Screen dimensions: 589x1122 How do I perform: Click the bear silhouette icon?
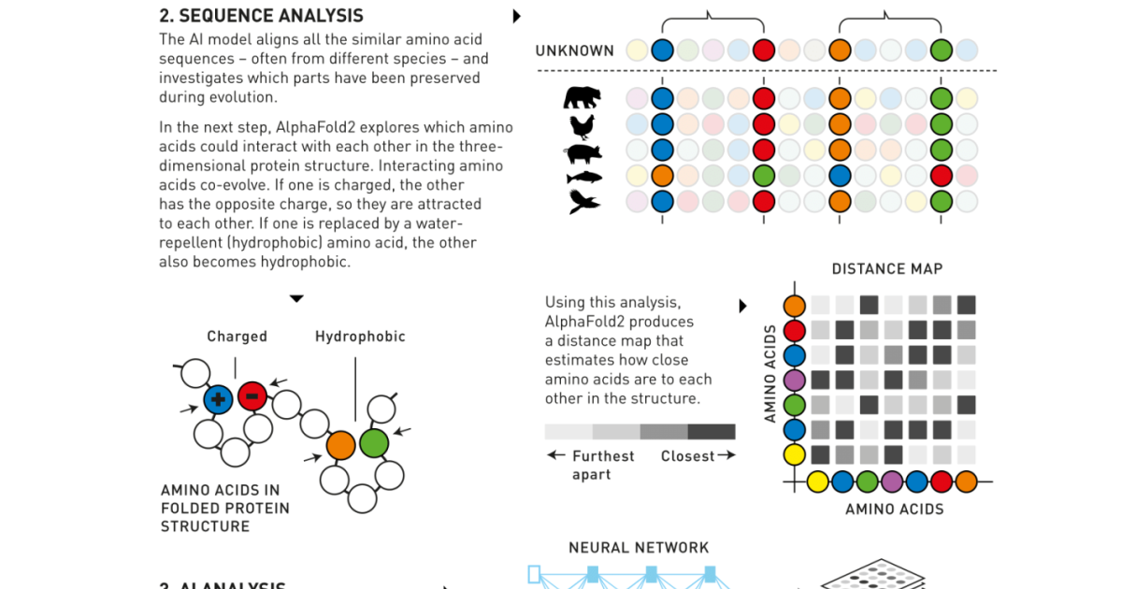tap(582, 97)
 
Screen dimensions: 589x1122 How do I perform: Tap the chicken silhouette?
tap(582, 124)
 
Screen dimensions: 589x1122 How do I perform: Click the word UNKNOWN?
tap(575, 50)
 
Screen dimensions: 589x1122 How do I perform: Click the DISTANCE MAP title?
tap(887, 269)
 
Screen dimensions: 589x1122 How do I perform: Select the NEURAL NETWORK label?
tap(639, 548)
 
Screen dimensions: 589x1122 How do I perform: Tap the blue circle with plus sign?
tap(218, 399)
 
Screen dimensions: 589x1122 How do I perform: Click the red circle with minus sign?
tap(252, 396)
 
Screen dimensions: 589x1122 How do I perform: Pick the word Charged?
tap(237, 337)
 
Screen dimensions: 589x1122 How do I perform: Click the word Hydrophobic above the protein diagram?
tap(360, 337)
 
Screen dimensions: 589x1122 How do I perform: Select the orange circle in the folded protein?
tap(340, 444)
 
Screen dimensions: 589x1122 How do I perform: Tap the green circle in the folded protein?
tap(374, 442)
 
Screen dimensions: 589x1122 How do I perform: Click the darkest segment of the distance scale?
tap(712, 432)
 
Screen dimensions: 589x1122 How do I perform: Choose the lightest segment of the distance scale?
tap(568, 432)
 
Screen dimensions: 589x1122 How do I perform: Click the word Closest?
tap(687, 456)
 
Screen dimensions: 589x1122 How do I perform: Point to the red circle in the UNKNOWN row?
tap(764, 50)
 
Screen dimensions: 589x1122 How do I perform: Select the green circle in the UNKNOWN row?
tap(942, 50)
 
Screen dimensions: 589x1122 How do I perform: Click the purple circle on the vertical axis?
tap(795, 381)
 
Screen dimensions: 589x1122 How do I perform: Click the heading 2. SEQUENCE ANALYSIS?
tap(262, 16)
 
